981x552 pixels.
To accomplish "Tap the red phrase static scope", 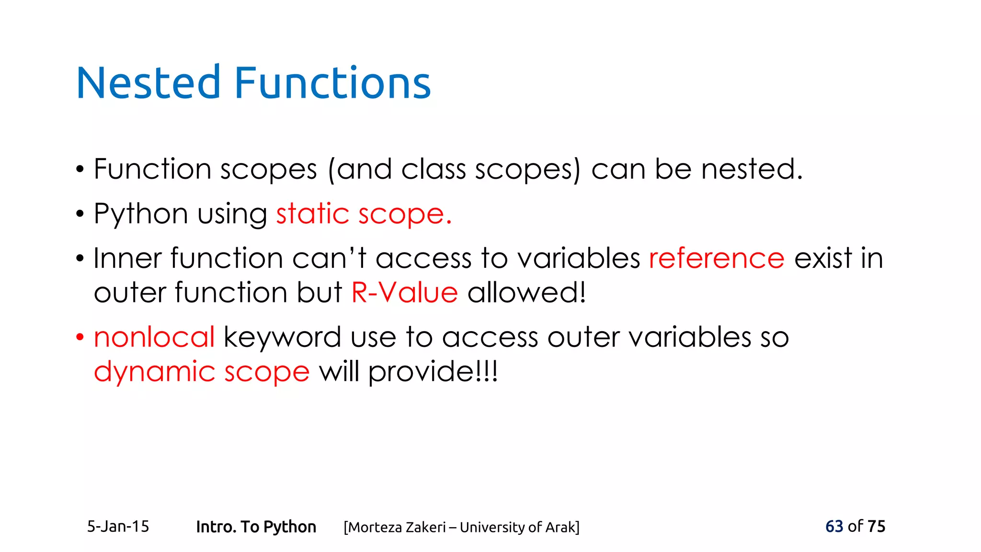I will (364, 214).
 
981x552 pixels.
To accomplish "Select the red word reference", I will (717, 258).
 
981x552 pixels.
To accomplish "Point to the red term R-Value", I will (404, 292).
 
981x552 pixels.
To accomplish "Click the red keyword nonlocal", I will (154, 337).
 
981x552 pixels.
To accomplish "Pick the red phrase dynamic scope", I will (202, 372).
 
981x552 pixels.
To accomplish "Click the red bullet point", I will (80, 337).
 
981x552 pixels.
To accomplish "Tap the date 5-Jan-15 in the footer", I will (118, 527).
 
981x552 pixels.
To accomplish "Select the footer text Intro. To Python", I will (256, 527).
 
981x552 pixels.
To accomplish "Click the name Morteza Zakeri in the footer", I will (397, 527).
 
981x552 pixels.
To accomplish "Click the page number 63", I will (834, 526).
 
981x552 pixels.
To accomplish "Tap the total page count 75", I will (876, 526).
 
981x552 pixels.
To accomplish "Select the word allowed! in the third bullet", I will (526, 292).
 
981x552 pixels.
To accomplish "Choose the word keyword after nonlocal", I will (282, 338).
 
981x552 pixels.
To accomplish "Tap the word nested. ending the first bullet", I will (752, 169).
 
